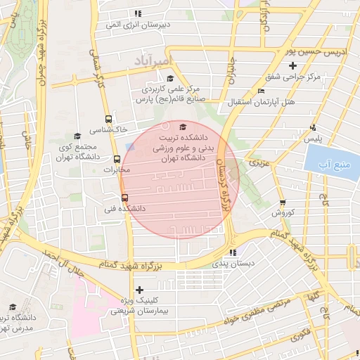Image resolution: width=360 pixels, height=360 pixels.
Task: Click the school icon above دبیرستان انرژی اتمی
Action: click(138, 13)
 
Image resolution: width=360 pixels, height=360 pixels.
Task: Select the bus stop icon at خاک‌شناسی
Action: click(108, 119)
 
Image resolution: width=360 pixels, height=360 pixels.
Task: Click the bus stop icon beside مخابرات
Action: click(108, 158)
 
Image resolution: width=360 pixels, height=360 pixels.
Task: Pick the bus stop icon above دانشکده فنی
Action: click(124, 198)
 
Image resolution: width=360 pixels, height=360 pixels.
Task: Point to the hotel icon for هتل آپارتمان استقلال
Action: click(262, 91)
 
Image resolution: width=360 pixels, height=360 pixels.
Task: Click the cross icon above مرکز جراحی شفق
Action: click(302, 65)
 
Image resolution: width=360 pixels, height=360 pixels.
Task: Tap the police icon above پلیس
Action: click(313, 128)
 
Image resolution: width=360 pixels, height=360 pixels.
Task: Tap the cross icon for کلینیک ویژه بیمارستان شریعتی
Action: click(139, 290)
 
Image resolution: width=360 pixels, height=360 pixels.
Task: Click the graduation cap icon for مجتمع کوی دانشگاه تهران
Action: click(77, 136)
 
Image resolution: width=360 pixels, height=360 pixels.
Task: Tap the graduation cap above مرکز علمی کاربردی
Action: click(171, 78)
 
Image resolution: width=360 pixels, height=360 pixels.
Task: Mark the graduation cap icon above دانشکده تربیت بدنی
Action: click(184, 127)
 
